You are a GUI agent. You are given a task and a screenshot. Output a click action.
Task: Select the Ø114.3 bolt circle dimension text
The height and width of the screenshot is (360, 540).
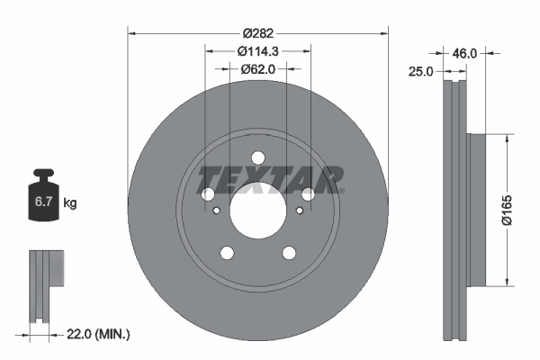[x=258, y=51]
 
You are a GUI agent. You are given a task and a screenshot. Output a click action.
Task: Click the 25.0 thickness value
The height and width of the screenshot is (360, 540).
[x=421, y=70]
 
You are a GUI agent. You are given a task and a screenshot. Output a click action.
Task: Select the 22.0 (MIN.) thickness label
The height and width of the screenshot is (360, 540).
[x=100, y=335]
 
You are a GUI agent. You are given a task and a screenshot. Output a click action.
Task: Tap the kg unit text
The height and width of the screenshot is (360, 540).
[x=70, y=203]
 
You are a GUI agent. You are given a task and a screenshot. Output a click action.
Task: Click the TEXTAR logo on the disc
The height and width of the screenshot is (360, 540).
[x=271, y=179]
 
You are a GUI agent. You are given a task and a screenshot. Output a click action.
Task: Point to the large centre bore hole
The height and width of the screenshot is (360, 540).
[x=257, y=209]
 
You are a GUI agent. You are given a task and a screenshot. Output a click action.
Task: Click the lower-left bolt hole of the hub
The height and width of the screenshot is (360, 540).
[x=227, y=252]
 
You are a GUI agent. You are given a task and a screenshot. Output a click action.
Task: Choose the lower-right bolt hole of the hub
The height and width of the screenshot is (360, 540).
[x=289, y=252]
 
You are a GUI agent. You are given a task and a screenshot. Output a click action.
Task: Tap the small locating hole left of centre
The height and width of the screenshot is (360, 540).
[x=216, y=209]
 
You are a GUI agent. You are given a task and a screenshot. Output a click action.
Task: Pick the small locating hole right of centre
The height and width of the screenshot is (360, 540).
[x=299, y=209]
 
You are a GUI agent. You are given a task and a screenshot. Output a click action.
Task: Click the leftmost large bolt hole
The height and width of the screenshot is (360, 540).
[x=207, y=193]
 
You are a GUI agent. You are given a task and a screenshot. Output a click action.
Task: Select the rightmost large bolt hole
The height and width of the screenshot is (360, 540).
[x=308, y=193]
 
